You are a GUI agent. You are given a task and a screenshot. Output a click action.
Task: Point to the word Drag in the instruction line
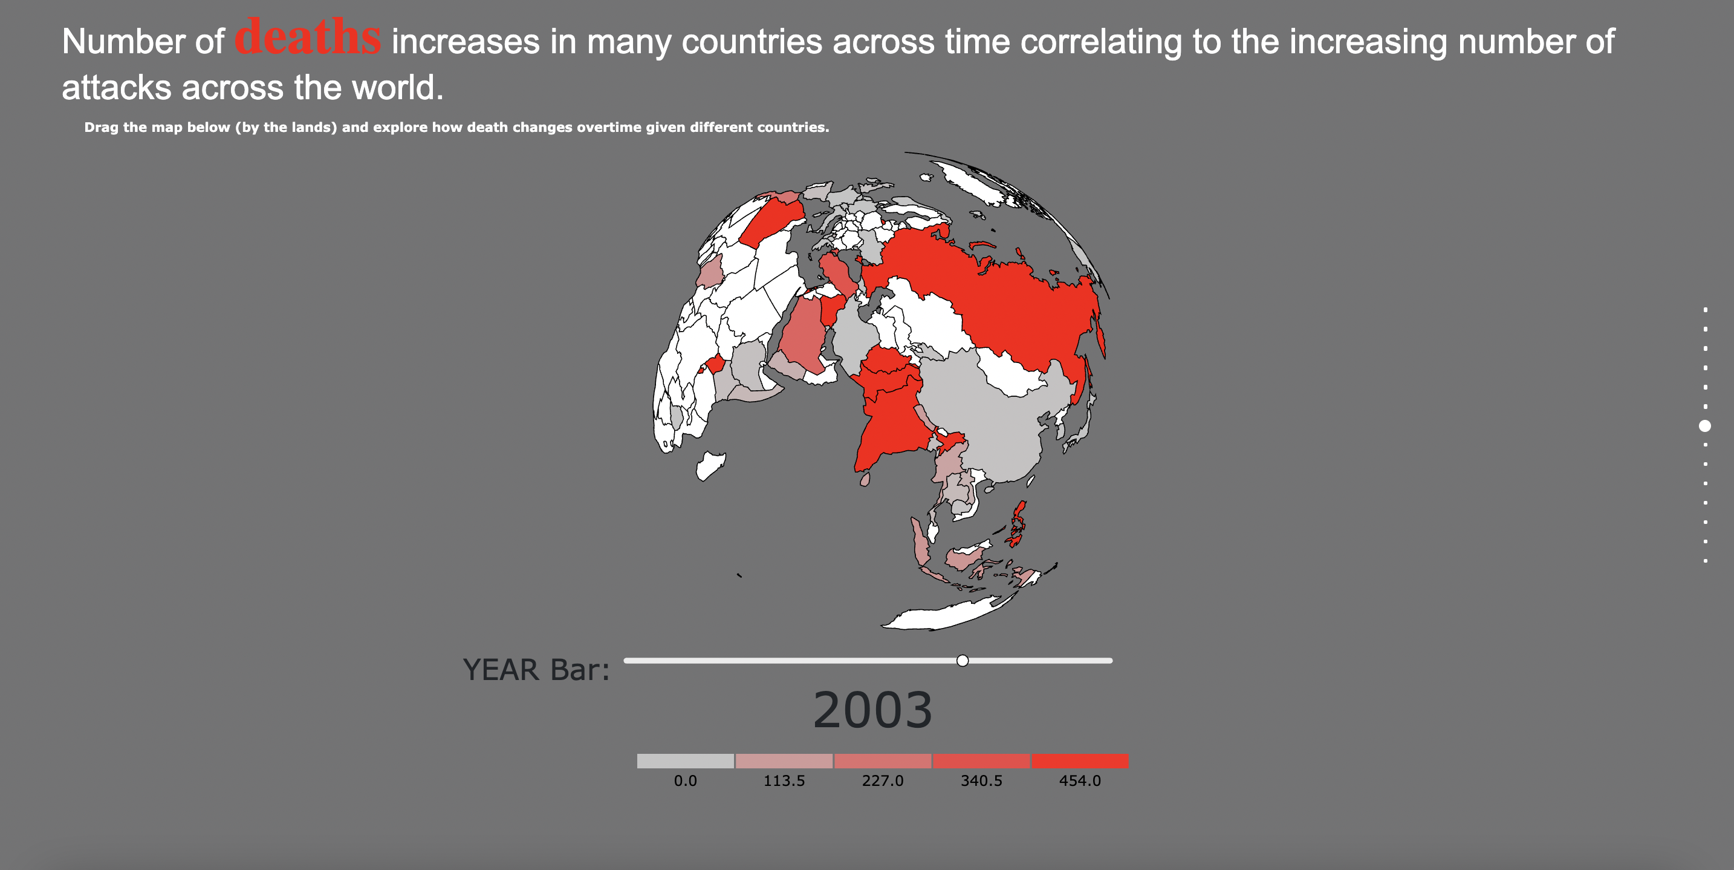(101, 127)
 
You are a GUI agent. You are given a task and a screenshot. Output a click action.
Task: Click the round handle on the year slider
(963, 661)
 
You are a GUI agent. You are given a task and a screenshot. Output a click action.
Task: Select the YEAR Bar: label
(536, 669)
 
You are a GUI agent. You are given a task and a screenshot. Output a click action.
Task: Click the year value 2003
(873, 710)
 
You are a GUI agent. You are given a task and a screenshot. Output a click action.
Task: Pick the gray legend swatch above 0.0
(685, 761)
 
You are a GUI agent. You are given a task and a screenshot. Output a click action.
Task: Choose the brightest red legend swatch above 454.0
(1080, 761)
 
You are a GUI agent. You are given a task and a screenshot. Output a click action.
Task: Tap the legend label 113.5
(784, 781)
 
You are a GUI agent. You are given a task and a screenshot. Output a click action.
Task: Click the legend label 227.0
(883, 781)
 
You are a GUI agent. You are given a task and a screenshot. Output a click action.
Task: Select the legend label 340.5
(981, 781)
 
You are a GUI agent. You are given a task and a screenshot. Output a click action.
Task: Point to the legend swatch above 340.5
(981, 761)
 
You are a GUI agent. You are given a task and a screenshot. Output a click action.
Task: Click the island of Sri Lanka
(865, 479)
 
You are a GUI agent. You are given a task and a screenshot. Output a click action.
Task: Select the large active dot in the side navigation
(1705, 425)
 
